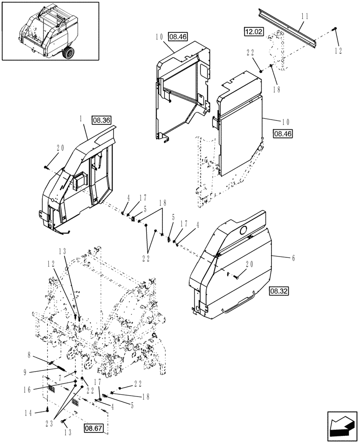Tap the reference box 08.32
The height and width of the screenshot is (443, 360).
[278, 291]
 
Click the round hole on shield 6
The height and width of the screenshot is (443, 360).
[243, 230]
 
